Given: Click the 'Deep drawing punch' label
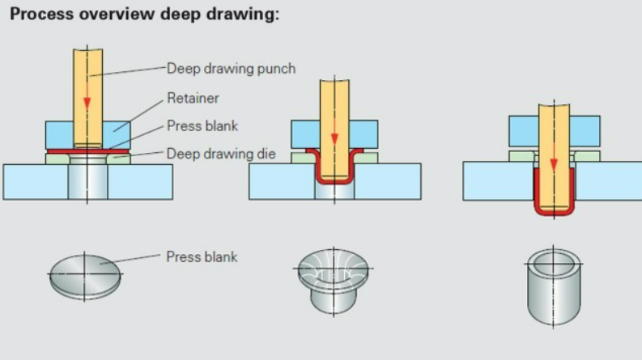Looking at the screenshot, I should [x=231, y=69].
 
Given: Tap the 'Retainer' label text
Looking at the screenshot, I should [x=193, y=99].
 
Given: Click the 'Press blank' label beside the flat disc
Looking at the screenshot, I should [x=202, y=257].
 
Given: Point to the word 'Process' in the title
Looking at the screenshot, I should [x=39, y=15].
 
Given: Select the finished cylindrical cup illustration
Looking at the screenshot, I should [x=553, y=287].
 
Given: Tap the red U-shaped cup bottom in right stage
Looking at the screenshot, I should [x=554, y=213].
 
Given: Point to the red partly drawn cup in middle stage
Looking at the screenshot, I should [x=335, y=182].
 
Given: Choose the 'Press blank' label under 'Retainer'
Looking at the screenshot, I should [x=202, y=125].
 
